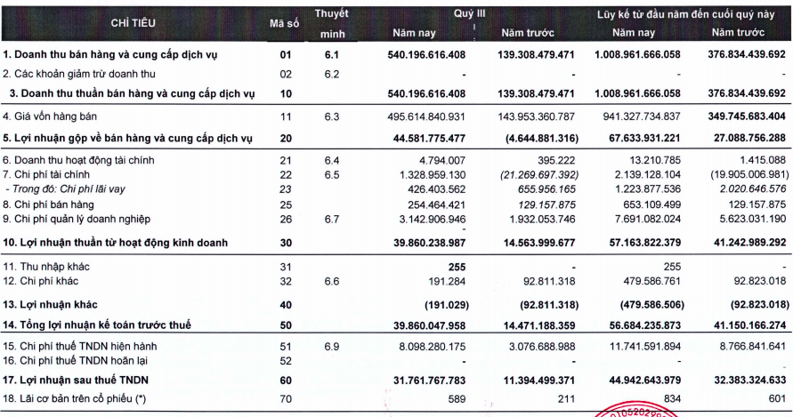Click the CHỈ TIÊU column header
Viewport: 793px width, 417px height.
[133, 23]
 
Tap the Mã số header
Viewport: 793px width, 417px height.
[284, 23]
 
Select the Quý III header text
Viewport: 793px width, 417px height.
[469, 13]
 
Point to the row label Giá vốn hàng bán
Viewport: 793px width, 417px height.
[50, 116]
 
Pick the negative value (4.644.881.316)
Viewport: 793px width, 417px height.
[542, 139]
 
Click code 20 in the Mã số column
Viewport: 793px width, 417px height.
[286, 139]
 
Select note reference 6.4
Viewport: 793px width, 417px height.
[332, 161]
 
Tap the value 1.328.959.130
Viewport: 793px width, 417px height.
[431, 175]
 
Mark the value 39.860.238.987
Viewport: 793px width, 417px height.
[429, 243]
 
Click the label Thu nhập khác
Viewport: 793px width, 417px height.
[46, 267]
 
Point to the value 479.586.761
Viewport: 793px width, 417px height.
[651, 281]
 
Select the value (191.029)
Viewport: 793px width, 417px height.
[447, 305]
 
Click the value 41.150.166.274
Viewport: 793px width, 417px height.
[750, 325]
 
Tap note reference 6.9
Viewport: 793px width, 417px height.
[332, 347]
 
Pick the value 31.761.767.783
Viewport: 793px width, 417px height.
[429, 381]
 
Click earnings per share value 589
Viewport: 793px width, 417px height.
[457, 399]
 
